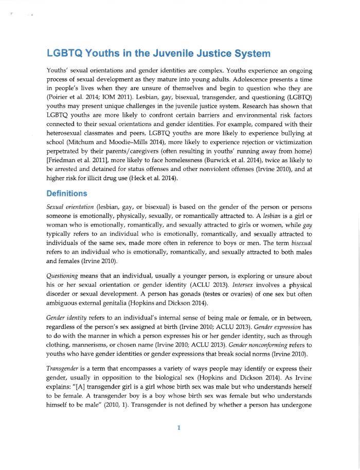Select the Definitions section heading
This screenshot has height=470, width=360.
[66, 194]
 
